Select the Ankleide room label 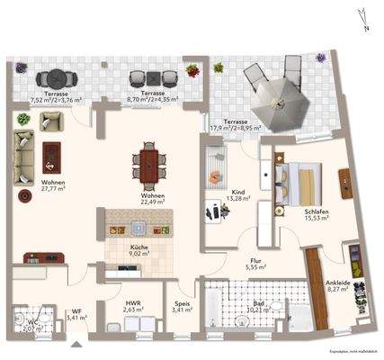click(x=338, y=285)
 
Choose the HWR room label click(x=133, y=306)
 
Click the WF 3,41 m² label click(x=76, y=314)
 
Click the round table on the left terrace click(x=57, y=76)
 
